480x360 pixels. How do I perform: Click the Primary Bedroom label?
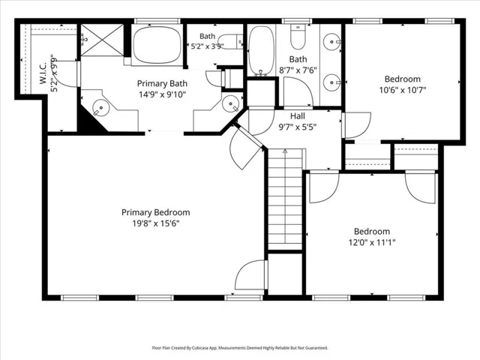(x=155, y=212)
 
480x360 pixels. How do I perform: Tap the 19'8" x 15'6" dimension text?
(x=155, y=223)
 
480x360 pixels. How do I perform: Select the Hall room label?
(x=298, y=116)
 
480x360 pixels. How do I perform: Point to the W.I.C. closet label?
(x=43, y=73)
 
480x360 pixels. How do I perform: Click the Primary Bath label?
(x=162, y=83)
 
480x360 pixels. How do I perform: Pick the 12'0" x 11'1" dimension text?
(x=372, y=243)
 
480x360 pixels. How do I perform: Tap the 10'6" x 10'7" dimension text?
(x=403, y=90)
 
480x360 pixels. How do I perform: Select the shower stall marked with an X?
(x=102, y=40)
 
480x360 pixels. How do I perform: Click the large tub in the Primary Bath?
(x=157, y=45)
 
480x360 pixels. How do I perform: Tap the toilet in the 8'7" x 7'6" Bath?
(x=298, y=37)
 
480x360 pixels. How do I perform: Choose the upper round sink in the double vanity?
(x=331, y=41)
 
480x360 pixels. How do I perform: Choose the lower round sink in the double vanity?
(x=331, y=82)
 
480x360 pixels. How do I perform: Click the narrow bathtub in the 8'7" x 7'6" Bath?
(x=261, y=51)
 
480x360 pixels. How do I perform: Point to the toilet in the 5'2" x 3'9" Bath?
(x=231, y=42)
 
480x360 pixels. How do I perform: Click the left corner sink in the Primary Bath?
(x=100, y=108)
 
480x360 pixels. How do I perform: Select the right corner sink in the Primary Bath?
(x=230, y=103)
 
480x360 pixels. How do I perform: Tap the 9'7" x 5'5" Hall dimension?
(x=298, y=127)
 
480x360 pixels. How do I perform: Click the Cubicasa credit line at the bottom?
(x=240, y=348)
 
